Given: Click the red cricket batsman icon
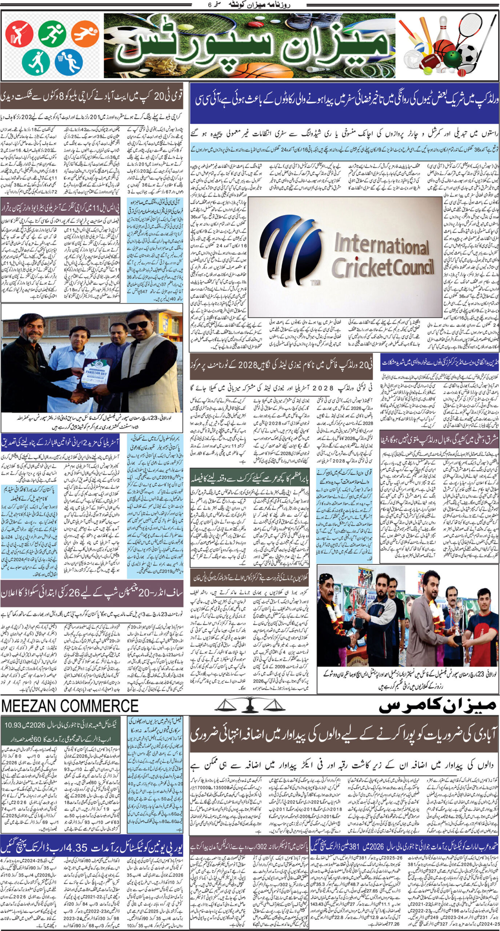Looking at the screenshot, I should [19, 33].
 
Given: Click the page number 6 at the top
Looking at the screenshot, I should [209, 5].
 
